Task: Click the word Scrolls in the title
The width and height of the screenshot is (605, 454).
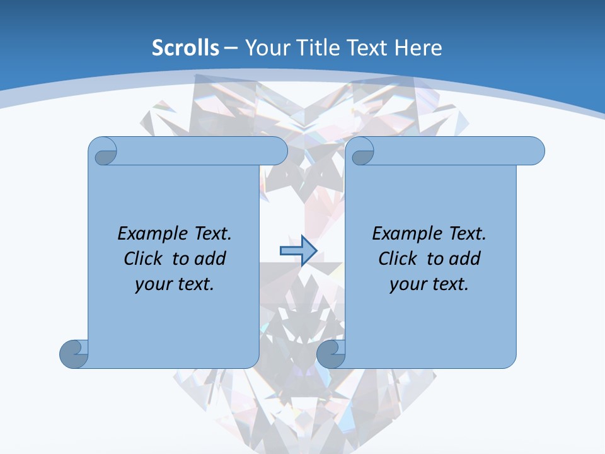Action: (186, 48)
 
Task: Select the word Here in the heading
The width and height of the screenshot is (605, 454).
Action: (418, 48)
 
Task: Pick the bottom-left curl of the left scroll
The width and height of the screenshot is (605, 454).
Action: (74, 354)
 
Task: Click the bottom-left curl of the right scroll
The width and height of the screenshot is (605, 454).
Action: (330, 354)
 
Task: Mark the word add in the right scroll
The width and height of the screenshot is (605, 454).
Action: (465, 259)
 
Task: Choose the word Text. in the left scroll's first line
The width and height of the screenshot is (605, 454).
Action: (213, 234)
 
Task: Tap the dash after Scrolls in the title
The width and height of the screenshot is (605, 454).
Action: (231, 48)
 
